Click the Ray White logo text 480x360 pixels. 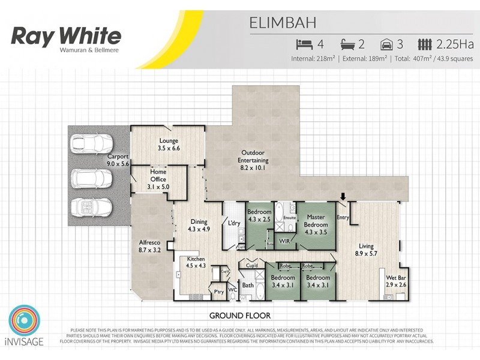click(66, 36)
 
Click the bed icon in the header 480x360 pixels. click(304, 44)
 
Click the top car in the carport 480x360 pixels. click(91, 144)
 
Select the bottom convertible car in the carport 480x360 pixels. click(91, 206)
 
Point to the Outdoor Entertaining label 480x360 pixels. click(254, 160)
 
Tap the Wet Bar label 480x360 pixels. click(395, 281)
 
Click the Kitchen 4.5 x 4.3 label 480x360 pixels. click(196, 262)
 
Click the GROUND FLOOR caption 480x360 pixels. click(239, 315)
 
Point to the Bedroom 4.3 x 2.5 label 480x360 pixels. click(260, 215)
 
